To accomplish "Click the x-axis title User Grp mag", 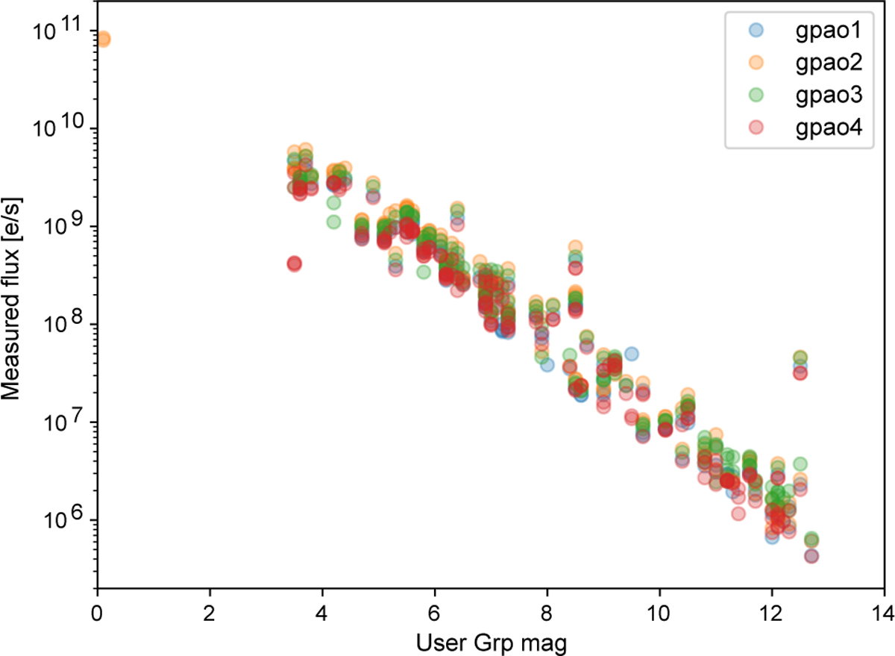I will coord(490,640).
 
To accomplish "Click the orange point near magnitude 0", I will coord(103,39).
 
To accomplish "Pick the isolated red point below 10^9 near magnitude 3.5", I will coord(294,263).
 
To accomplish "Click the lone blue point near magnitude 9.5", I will coord(631,354).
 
